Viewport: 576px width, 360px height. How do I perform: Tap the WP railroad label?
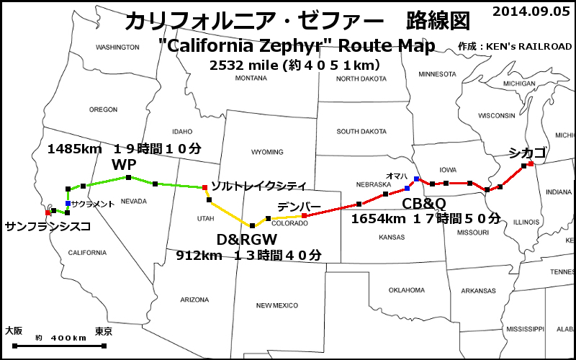pos(124,165)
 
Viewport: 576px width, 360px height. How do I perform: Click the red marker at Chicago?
pos(531,164)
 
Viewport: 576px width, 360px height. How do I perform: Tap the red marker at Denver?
pos(304,215)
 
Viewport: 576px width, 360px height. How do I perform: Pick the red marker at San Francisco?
pos(48,212)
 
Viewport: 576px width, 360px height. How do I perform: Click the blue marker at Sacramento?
pos(68,204)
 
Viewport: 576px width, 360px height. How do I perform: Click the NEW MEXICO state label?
pos(276,305)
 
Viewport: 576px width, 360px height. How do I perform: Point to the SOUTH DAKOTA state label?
pos(362,132)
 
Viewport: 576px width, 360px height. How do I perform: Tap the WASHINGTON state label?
pos(117,48)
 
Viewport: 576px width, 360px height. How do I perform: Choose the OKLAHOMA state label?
pos(408,290)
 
